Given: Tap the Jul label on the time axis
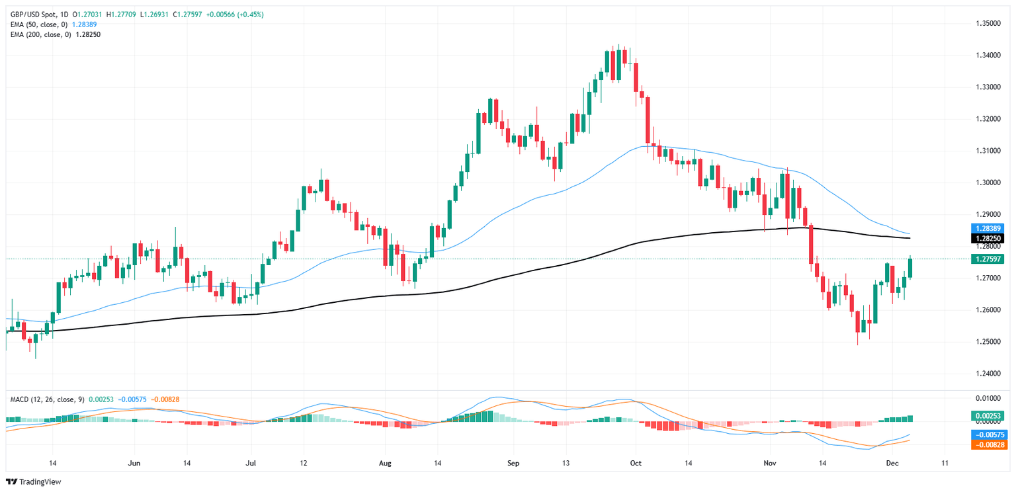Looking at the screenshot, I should coord(251,463).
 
